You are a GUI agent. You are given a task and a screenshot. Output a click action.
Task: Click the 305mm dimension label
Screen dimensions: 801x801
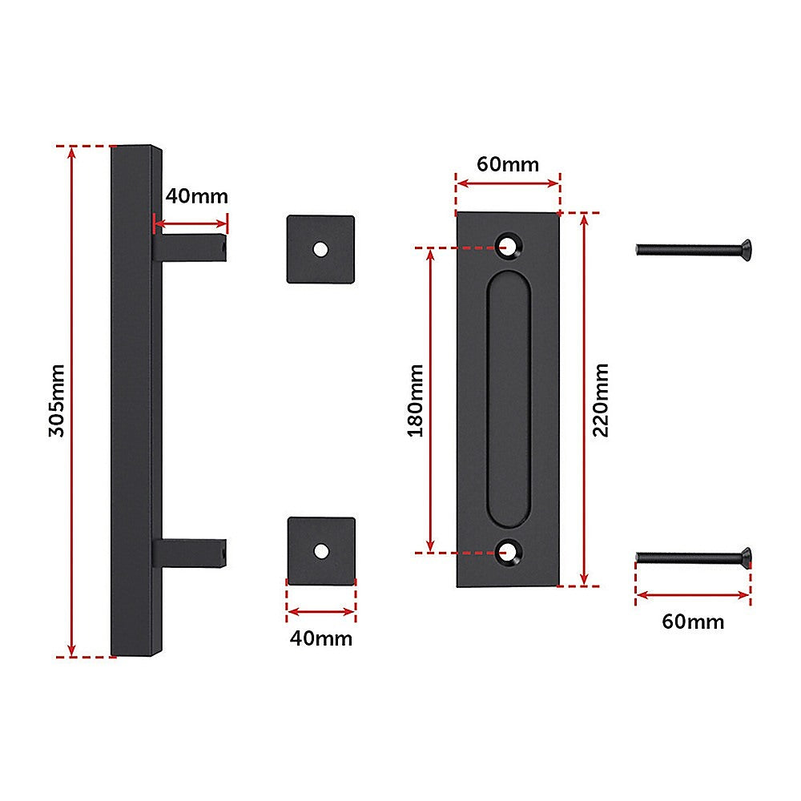56,400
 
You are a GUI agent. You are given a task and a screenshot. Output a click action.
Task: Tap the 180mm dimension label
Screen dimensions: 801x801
416,400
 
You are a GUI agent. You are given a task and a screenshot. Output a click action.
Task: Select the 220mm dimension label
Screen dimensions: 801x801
602,400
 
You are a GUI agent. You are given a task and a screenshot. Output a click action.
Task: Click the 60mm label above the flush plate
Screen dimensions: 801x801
508,164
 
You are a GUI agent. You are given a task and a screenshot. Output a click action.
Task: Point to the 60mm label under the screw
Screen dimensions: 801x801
693,622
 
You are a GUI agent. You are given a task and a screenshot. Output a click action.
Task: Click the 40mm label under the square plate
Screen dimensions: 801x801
320,638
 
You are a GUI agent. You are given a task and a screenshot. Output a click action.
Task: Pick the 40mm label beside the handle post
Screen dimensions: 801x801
197,196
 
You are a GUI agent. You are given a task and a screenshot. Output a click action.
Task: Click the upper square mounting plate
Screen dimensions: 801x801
320,248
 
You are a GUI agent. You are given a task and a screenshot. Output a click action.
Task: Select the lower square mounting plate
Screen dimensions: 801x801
320,550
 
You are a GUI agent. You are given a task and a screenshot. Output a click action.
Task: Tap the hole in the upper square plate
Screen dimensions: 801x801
320,248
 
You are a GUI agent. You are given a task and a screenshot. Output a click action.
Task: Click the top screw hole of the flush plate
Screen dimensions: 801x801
508,244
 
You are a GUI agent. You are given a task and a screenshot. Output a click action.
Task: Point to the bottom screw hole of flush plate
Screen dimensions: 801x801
508,550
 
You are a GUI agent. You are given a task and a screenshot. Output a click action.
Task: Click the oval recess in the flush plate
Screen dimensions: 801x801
508,399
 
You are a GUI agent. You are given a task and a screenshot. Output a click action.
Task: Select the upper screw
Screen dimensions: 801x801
694,249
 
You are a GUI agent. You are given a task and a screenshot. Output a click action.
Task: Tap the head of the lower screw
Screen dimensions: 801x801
745,556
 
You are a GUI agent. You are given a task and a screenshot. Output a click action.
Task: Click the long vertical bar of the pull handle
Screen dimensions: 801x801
132,400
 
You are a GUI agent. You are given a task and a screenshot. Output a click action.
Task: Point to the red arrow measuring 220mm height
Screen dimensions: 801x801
584,481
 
